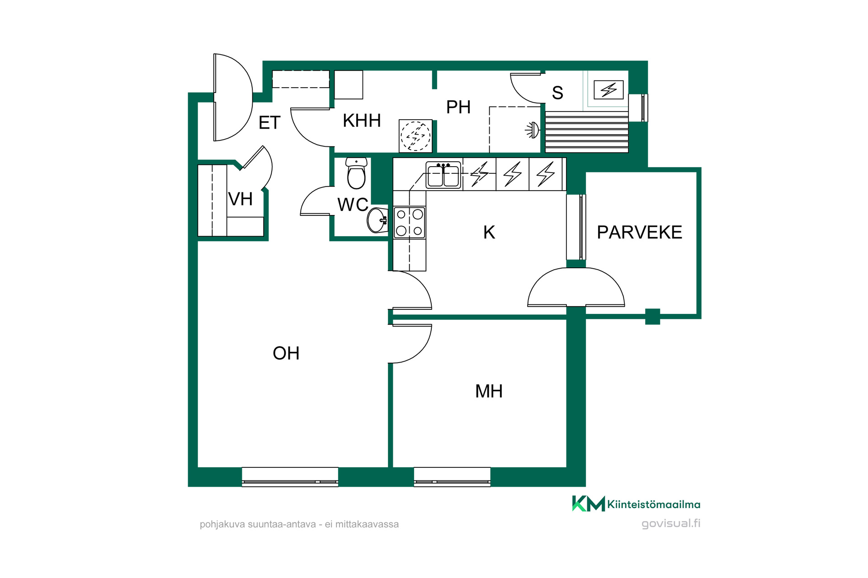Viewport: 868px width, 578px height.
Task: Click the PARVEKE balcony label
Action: tap(639, 232)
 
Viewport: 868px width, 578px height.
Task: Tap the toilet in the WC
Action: tap(356, 173)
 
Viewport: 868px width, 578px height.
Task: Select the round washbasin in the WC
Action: tap(377, 220)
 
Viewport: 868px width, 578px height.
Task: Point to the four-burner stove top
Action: tap(410, 222)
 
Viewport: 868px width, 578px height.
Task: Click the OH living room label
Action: tap(286, 353)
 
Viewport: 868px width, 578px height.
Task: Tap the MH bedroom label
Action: tap(489, 391)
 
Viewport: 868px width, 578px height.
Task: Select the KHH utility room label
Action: tap(362, 121)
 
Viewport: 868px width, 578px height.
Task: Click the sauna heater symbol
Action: tap(609, 89)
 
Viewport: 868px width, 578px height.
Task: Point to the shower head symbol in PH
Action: tap(533, 131)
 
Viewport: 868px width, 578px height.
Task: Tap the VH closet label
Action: tap(240, 199)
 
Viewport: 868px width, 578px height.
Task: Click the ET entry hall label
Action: tap(269, 123)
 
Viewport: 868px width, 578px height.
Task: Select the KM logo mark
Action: tap(589, 503)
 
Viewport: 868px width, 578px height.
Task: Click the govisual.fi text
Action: tap(671, 524)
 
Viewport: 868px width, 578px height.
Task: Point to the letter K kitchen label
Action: tap(489, 233)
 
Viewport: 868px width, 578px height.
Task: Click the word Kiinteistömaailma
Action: tap(654, 504)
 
